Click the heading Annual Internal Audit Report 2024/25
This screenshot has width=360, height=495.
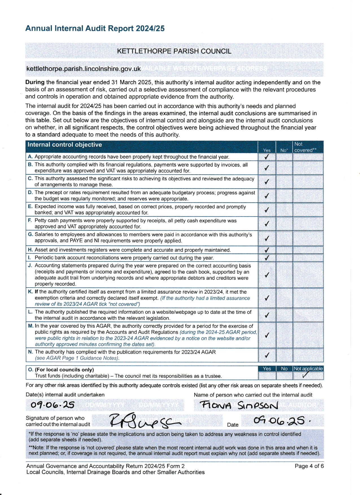click(95, 29)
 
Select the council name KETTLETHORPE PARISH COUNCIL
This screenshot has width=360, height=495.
click(174, 51)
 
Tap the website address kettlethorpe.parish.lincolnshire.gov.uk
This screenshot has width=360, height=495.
click(83, 69)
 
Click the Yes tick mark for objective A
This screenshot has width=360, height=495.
click(267, 157)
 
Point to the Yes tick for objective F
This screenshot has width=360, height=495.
click(267, 224)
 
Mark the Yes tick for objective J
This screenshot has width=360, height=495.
click(267, 275)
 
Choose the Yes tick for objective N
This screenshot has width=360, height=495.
click(267, 355)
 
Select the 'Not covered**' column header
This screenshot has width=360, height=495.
click(305, 147)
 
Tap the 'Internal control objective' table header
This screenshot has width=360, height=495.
click(65, 145)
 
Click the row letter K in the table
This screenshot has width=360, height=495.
click(30, 292)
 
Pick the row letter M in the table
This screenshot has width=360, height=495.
click(31, 326)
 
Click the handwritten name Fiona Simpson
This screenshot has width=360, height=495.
click(239, 405)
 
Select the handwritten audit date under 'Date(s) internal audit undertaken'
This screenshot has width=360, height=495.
click(53, 405)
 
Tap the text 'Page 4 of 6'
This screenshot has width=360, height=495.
click(309, 466)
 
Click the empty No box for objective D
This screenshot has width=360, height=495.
click(284, 196)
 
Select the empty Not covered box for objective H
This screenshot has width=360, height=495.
click(308, 250)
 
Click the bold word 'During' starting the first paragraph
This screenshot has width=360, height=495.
click(35, 82)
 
